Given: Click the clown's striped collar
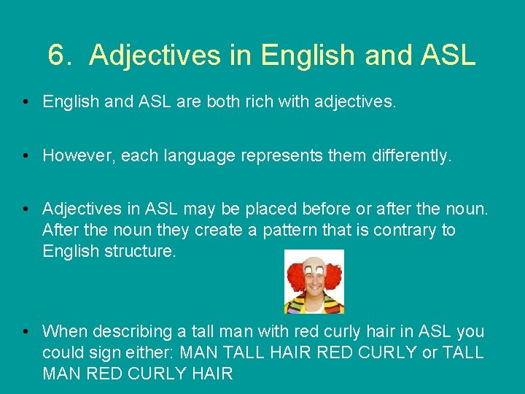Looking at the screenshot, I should click(x=314, y=304).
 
